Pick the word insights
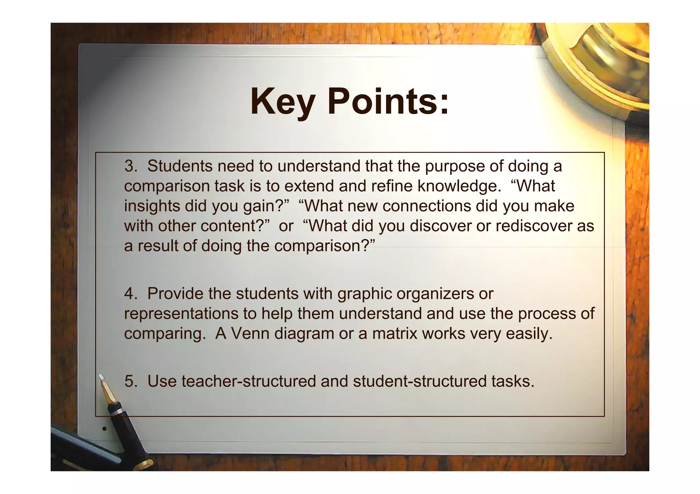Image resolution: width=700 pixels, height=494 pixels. click(x=152, y=206)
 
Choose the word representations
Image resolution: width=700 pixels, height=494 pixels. click(x=181, y=314)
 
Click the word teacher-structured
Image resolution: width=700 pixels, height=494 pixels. click(x=248, y=381)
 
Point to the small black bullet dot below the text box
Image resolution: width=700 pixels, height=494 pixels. click(x=105, y=428)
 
